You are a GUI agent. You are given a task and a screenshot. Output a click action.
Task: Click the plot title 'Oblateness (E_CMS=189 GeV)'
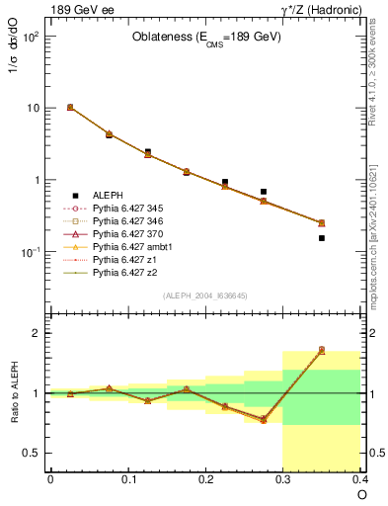pyautogui.click(x=206, y=38)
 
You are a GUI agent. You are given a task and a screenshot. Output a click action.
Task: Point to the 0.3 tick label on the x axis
pyautogui.click(x=283, y=480)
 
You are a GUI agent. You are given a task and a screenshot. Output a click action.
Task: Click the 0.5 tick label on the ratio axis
pyautogui.click(x=33, y=453)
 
